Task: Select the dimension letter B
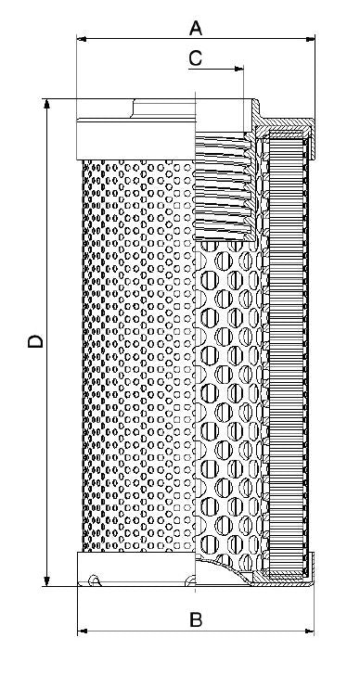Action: pyautogui.click(x=196, y=619)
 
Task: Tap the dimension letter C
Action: pyautogui.click(x=196, y=57)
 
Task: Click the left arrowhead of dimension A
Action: pyautogui.click(x=81, y=40)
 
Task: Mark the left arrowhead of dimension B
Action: pyautogui.click(x=81, y=631)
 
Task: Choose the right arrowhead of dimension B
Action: pyautogui.click(x=310, y=631)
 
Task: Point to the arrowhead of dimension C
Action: pyautogui.click(x=239, y=69)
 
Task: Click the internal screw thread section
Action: pyautogui.click(x=223, y=185)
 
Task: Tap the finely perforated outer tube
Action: pyautogui.click(x=139, y=352)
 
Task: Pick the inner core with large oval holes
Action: pyautogui.click(x=227, y=389)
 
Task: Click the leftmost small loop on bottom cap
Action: pyautogui.click(x=94, y=582)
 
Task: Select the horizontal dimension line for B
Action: pyautogui.click(x=139, y=631)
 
